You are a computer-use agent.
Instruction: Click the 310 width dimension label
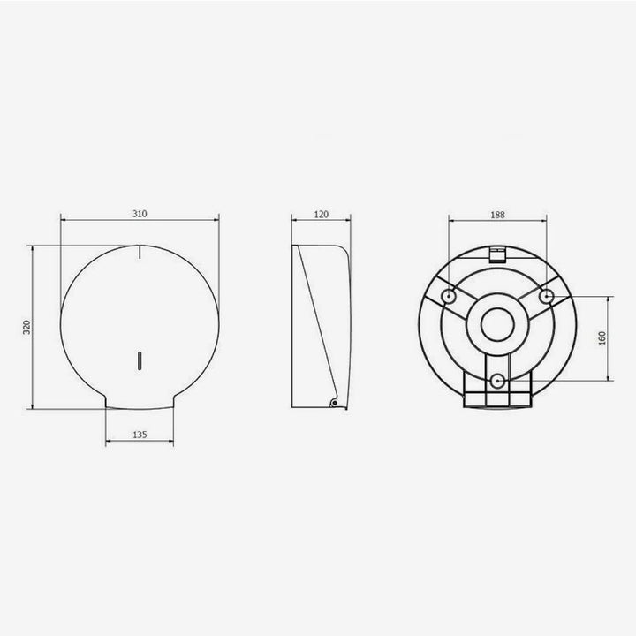[x=140, y=214]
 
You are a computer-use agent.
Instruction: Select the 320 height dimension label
[x=26, y=327]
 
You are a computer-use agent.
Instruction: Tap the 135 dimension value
[x=140, y=435]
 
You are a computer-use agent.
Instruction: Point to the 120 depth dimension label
[x=322, y=215]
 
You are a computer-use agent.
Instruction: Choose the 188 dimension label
[x=497, y=215]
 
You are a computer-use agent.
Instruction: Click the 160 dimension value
[x=602, y=338]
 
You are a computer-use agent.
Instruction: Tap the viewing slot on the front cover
[x=140, y=360]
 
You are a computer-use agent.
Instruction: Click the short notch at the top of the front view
[x=140, y=252]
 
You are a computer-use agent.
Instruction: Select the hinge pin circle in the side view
[x=334, y=403]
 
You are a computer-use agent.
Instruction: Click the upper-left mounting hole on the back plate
[x=449, y=296]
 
